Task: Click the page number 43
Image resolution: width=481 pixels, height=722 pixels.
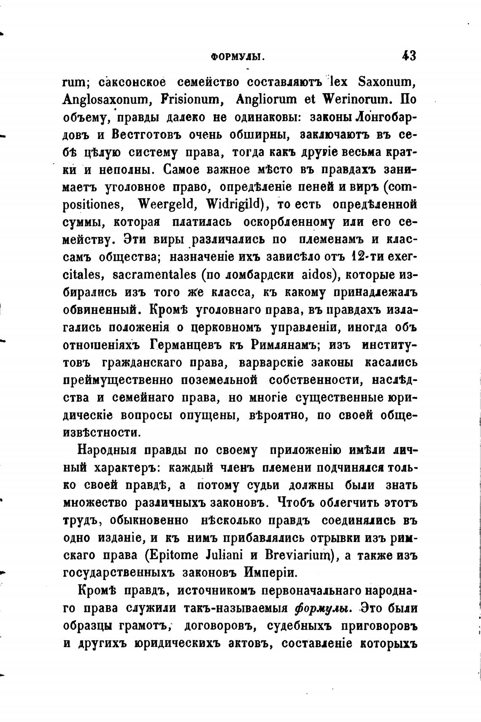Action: point(409,56)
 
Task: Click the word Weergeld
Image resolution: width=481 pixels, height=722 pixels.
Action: point(165,204)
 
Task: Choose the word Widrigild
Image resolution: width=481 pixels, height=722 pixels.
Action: point(239,204)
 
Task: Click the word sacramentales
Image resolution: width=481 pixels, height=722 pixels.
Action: point(155,274)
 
